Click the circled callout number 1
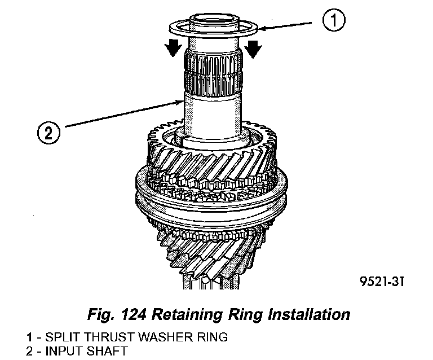coord(333,22)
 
